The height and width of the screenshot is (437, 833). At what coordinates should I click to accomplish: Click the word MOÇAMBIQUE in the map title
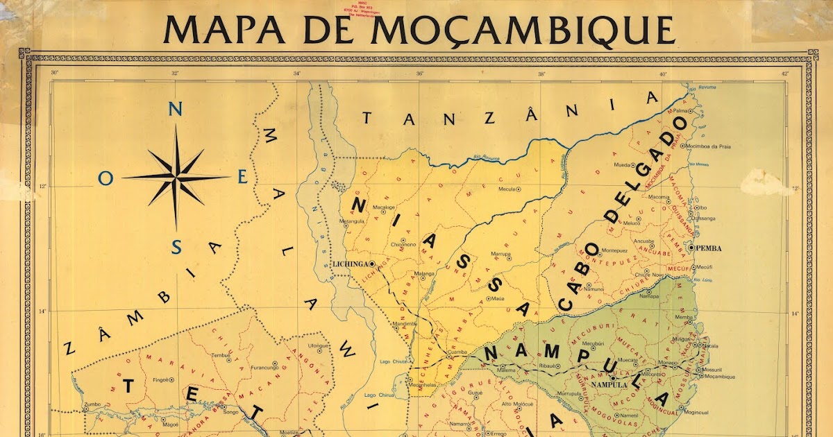(523, 28)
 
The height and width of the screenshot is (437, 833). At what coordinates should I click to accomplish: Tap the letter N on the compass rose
(176, 109)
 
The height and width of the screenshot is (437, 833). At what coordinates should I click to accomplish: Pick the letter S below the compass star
(176, 247)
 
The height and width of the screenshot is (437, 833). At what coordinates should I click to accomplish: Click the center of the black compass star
(176, 178)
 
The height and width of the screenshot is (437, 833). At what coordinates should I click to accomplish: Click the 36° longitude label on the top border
(419, 73)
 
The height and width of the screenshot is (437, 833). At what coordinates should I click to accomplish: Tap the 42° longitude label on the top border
(784, 73)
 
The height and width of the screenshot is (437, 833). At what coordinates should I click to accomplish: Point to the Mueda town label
(621, 164)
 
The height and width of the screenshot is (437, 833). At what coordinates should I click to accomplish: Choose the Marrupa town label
(500, 254)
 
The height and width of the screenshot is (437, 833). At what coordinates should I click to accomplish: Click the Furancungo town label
(255, 363)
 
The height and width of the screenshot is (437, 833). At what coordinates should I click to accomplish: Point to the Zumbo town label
(91, 404)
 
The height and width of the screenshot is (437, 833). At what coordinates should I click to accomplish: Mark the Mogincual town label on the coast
(696, 412)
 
